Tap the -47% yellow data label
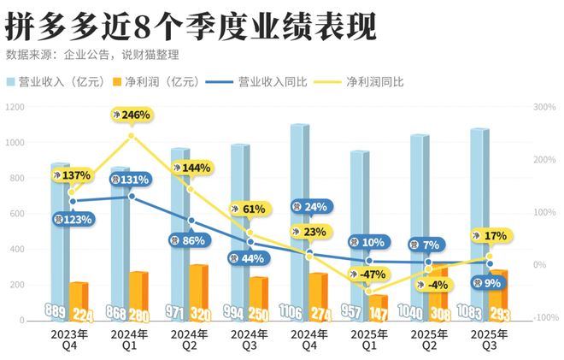point(369,274)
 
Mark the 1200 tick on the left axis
point(15,107)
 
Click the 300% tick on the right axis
point(543,107)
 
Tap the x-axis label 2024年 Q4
point(310,339)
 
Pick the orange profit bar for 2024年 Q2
point(198,291)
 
